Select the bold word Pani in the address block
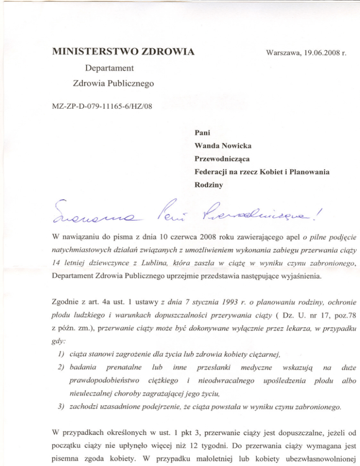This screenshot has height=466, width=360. point(202,134)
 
